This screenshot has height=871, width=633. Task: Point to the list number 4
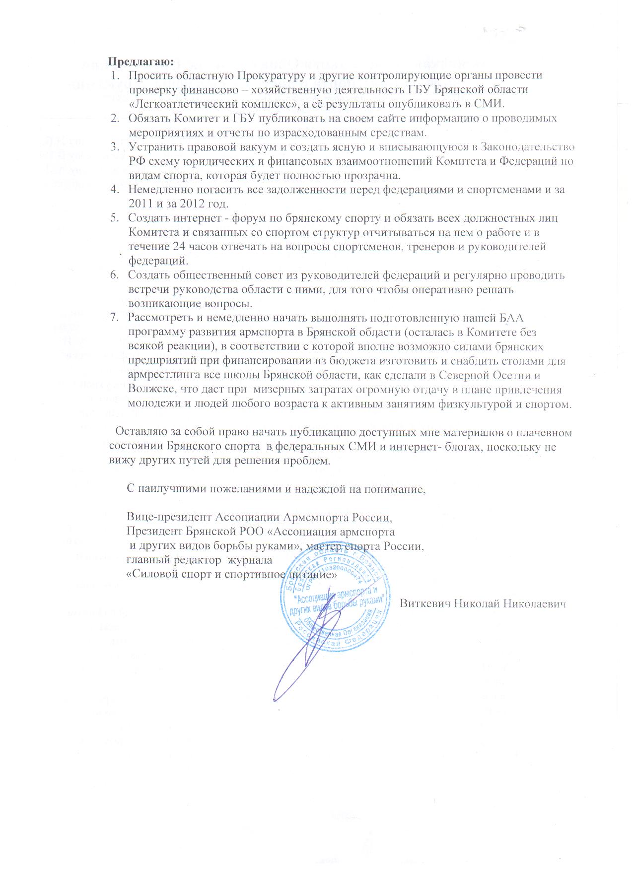115,189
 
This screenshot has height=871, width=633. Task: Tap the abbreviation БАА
516,318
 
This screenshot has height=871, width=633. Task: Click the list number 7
115,318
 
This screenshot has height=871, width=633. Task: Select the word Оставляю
141,432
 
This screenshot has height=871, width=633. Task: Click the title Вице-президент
169,517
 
